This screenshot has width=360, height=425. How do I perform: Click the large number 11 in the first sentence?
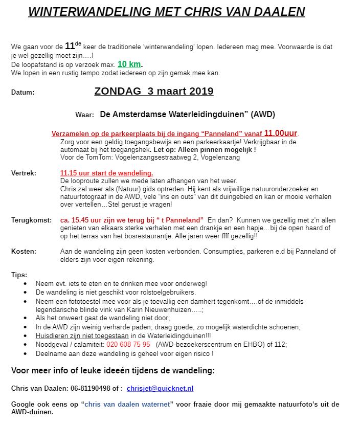pyautogui.click(x=70, y=47)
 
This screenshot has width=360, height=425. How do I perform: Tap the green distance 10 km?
pyautogui.click(x=129, y=64)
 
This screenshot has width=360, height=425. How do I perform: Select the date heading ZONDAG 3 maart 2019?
pyautogui.click(x=154, y=92)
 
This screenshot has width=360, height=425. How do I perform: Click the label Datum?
pyautogui.click(x=23, y=93)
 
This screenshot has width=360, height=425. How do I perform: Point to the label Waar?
pyautogui.click(x=84, y=115)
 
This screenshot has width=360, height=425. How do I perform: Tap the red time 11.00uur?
pyautogui.click(x=281, y=133)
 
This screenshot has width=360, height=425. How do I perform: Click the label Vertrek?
pyautogui.click(x=24, y=173)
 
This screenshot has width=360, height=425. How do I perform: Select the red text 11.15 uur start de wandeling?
pyautogui.click(x=106, y=173)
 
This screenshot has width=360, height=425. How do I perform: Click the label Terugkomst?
pyautogui.click(x=31, y=219)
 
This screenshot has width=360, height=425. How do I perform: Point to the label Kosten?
pyautogui.click(x=24, y=251)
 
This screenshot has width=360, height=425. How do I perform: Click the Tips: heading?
pyautogui.click(x=19, y=275)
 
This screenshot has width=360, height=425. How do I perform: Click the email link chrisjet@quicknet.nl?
pyautogui.click(x=160, y=389)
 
